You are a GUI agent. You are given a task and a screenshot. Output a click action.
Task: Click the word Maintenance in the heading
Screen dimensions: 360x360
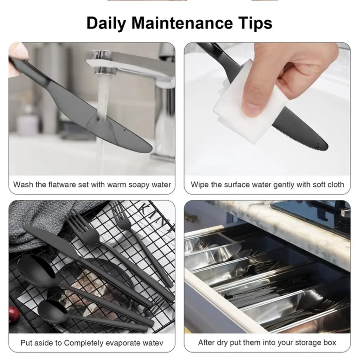[x=182, y=23]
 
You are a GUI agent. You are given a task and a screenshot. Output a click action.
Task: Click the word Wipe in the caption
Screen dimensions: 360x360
[x=200, y=185]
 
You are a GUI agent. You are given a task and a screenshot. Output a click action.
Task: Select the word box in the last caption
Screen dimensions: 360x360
[x=330, y=342]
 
